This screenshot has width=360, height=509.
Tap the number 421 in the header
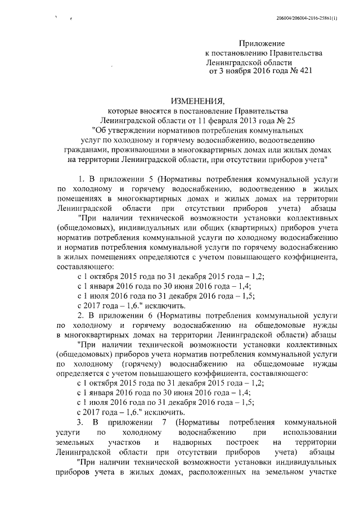(302, 71)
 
